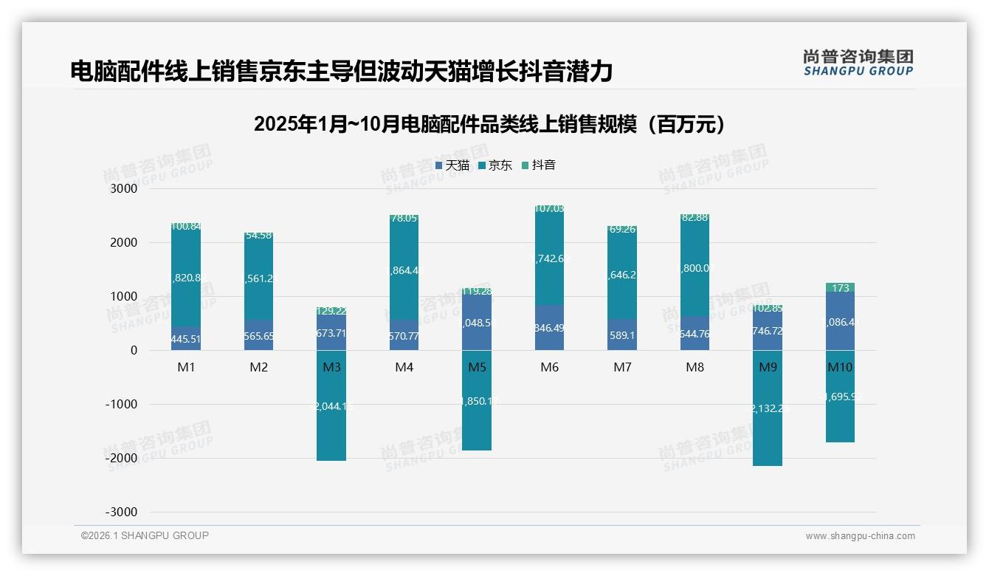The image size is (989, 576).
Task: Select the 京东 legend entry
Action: click(x=494, y=165)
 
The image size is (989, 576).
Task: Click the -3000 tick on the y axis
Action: click(x=122, y=512)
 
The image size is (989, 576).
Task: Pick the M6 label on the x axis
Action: click(x=549, y=367)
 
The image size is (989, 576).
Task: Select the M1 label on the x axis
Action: click(x=186, y=367)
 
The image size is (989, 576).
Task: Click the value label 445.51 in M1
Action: click(x=186, y=340)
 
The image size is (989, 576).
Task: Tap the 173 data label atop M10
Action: click(x=840, y=288)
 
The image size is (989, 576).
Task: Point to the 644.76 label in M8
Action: click(x=695, y=334)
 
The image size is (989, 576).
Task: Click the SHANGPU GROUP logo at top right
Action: click(x=858, y=63)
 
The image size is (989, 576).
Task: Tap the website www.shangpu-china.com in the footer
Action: click(x=860, y=536)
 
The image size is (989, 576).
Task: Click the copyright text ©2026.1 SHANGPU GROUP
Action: click(x=145, y=535)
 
